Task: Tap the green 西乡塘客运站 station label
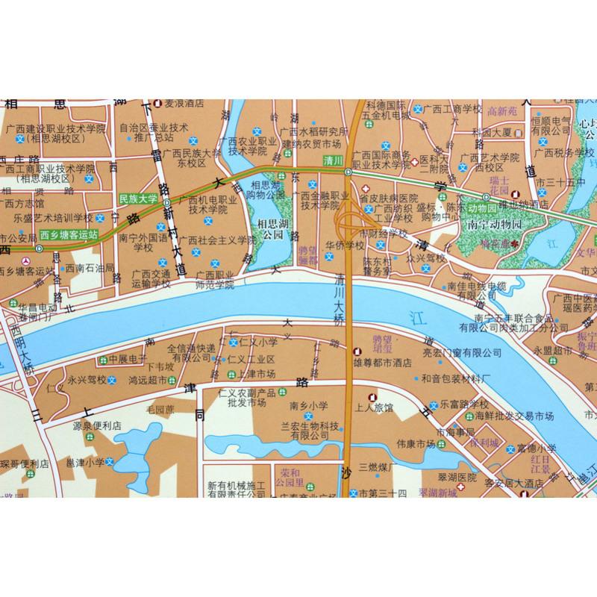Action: pos(69,233)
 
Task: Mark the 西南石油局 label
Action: pos(89,267)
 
